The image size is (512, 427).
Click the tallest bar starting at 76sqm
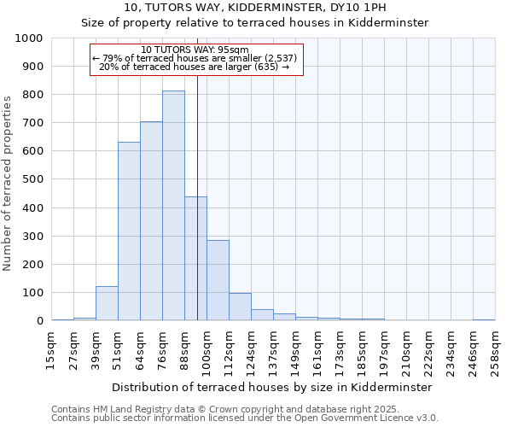coord(173,206)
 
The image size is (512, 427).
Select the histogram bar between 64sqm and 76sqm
coord(151,221)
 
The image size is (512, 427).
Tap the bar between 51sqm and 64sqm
coord(129,231)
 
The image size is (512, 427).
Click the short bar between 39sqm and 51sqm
coord(107,303)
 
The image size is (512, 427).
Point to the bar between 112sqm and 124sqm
coord(240,307)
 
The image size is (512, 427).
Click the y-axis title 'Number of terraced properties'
coord(8,183)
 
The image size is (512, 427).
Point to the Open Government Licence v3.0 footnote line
coord(245,418)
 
